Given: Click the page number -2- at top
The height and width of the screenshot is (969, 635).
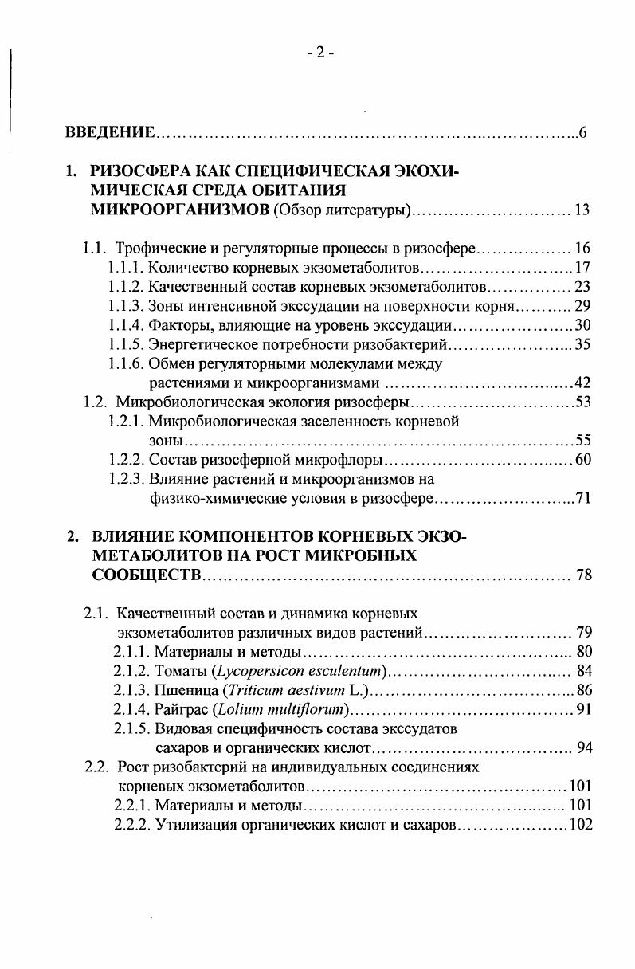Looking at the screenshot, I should (320, 53).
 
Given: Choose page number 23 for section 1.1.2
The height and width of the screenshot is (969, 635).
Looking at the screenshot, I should (582, 287).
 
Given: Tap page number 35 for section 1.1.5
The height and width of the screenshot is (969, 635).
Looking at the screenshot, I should (582, 345).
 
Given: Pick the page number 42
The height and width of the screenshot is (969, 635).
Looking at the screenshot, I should (582, 383).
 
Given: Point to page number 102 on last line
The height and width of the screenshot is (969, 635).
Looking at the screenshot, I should (580, 825).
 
